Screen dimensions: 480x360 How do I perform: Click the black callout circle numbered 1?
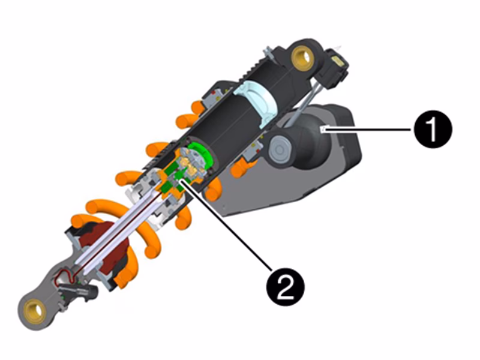click(433, 130)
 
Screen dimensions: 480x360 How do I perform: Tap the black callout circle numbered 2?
click(286, 287)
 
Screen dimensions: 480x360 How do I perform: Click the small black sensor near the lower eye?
click(78, 291)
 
